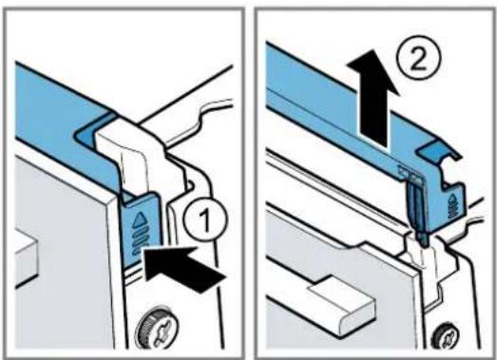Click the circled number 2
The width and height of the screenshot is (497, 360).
(418, 59)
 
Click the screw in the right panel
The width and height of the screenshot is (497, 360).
(447, 338)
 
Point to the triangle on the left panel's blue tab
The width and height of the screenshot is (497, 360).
(140, 220)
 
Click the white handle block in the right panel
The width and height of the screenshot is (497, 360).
(342, 304)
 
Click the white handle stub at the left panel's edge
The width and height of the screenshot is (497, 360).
(27, 260)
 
